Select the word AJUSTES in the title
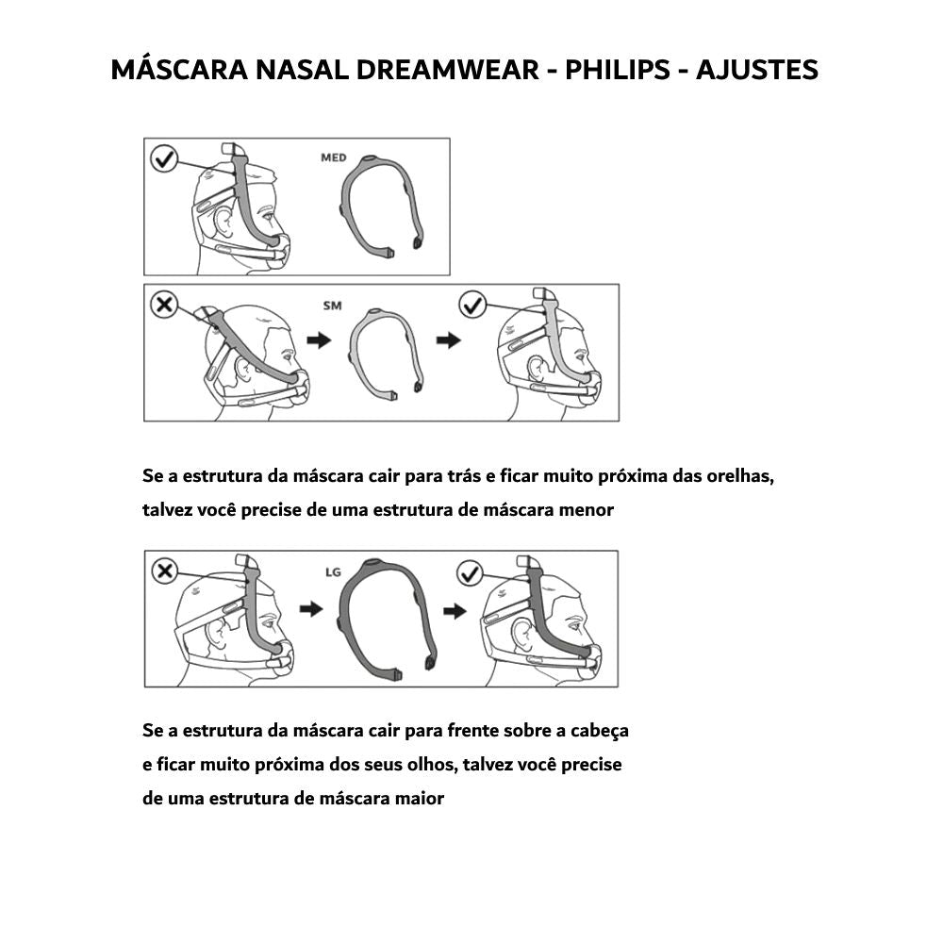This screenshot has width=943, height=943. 756,70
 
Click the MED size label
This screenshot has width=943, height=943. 334,157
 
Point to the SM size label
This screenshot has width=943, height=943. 332,306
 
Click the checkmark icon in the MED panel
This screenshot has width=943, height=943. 164,158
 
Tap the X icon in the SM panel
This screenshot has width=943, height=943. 164,305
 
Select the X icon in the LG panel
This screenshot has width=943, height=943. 164,571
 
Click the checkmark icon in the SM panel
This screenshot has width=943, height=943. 471,305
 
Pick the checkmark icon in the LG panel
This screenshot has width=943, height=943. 469,572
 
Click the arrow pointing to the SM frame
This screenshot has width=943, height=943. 320,340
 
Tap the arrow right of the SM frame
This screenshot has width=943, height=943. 449,340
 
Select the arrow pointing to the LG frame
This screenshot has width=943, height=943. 310,610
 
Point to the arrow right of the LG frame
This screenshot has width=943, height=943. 455,612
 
